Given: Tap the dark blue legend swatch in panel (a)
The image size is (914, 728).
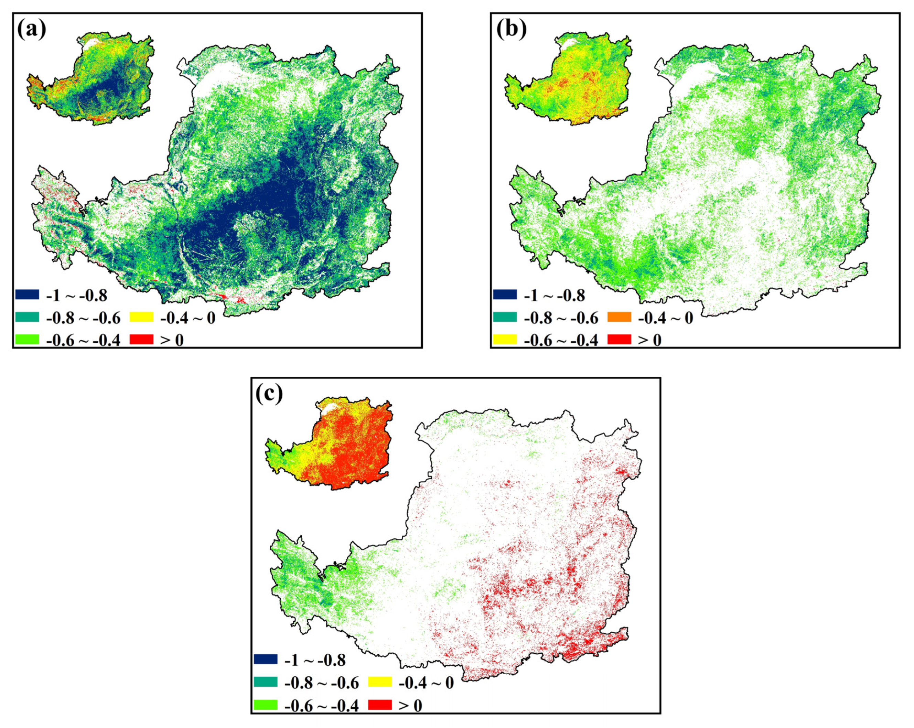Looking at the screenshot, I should [x=27, y=294].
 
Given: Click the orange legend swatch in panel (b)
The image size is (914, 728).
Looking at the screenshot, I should [x=619, y=317].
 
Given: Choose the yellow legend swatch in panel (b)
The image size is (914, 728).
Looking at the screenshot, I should [x=505, y=339].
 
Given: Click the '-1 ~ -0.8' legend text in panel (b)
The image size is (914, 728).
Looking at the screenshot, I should [x=554, y=295].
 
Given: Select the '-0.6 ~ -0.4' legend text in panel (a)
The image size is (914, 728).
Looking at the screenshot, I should [x=83, y=340].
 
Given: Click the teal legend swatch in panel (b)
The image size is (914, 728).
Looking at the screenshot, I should [x=505, y=317].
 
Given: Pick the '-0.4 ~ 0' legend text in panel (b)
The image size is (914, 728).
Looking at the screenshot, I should [x=666, y=318].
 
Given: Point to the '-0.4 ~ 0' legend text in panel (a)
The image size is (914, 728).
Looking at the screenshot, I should [x=188, y=318].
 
